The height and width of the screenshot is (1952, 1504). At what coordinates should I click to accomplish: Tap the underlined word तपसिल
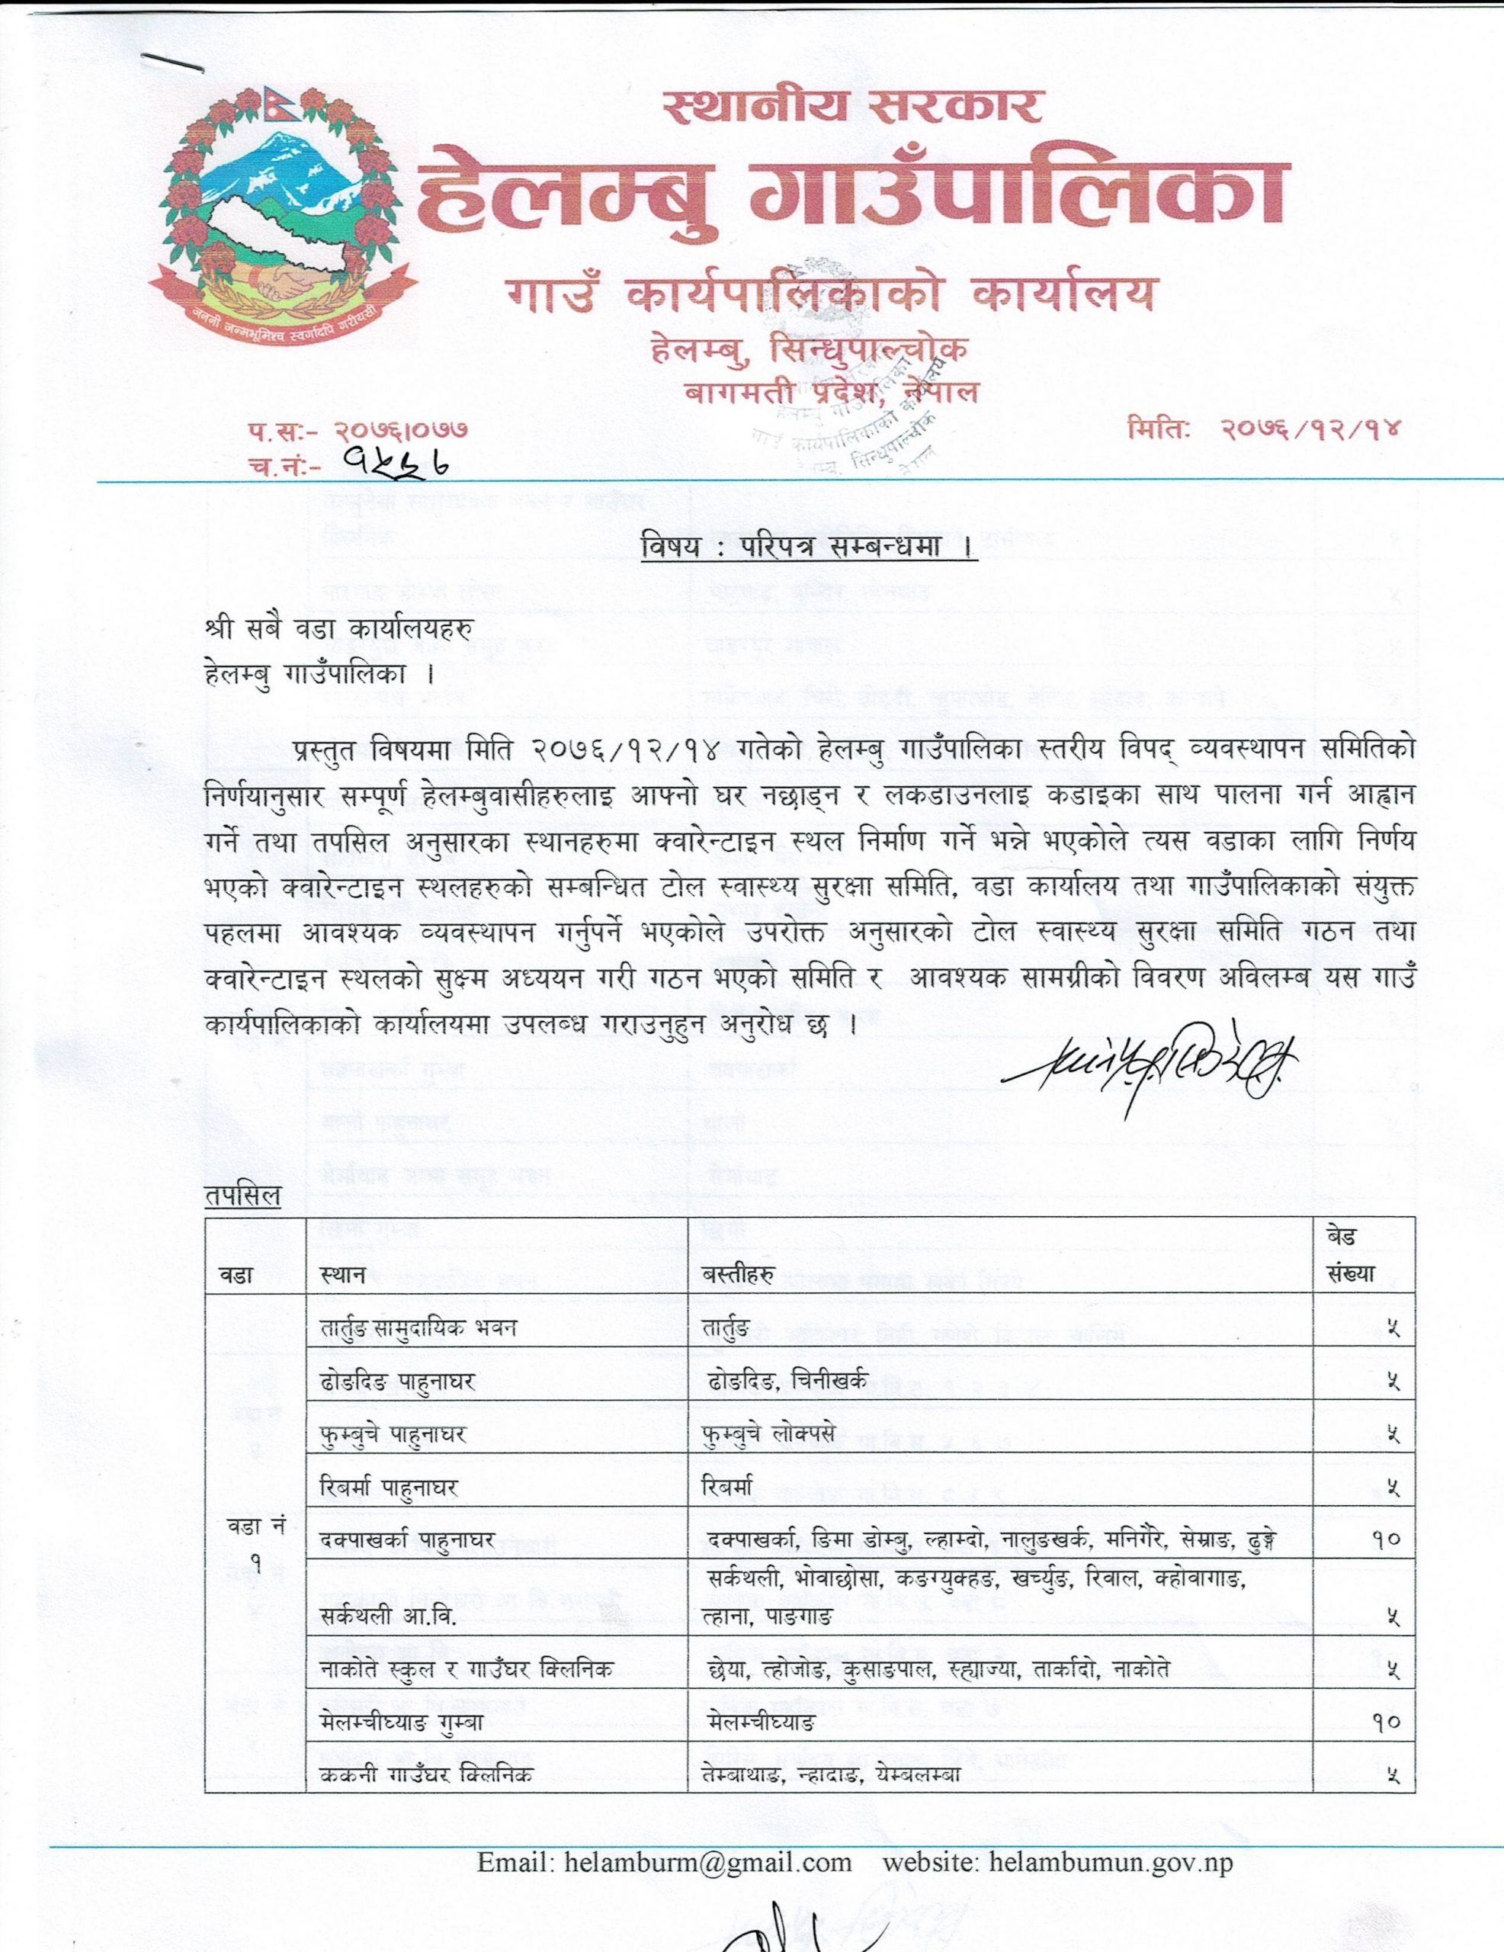tap(243, 1196)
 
